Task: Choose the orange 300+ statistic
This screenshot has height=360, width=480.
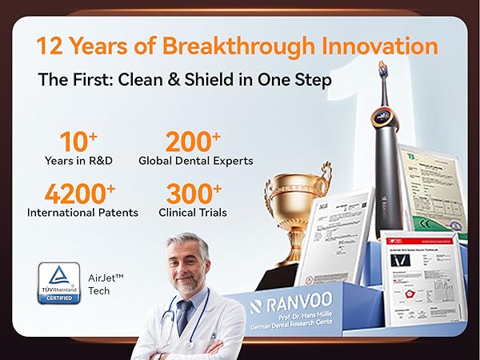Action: pyautogui.click(x=194, y=194)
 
